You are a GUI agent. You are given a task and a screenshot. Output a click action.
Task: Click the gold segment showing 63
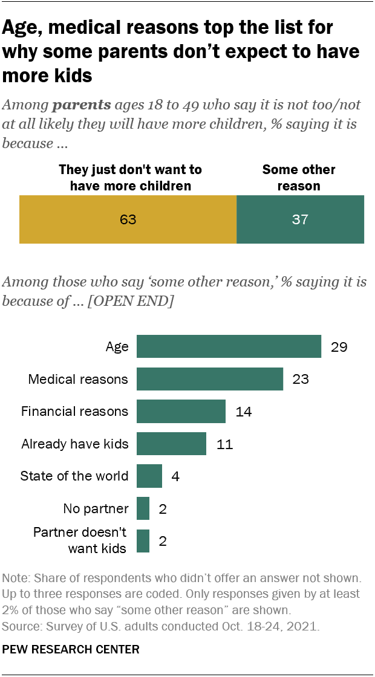[x=128, y=219]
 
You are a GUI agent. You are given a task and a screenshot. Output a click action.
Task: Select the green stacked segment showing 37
[x=300, y=219]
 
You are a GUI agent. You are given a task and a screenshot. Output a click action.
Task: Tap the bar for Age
[x=229, y=347]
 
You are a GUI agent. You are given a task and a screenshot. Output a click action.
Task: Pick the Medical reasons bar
[x=210, y=379]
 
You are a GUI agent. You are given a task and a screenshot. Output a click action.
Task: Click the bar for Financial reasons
[x=181, y=412]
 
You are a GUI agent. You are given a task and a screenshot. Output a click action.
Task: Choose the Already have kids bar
[x=171, y=444]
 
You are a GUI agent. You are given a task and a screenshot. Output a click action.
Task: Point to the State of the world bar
[x=149, y=476]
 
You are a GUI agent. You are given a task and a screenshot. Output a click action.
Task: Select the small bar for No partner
[x=143, y=508]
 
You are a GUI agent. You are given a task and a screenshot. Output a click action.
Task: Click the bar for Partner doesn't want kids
[x=143, y=540]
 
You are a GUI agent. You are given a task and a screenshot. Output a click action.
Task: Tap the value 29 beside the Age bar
[x=338, y=348]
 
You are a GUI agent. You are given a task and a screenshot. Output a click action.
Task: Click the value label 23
[x=300, y=380]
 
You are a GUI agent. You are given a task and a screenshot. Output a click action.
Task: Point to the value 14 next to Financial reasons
[x=243, y=412]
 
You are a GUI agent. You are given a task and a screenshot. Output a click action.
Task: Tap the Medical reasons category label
[x=79, y=380]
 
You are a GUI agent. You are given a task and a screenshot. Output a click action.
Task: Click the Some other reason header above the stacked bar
[x=299, y=178]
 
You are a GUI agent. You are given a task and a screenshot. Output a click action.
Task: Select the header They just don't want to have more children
[x=130, y=178]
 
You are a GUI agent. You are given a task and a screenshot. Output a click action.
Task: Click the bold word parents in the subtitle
[x=82, y=105]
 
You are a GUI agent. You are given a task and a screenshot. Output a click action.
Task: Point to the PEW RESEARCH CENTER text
[x=71, y=650]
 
